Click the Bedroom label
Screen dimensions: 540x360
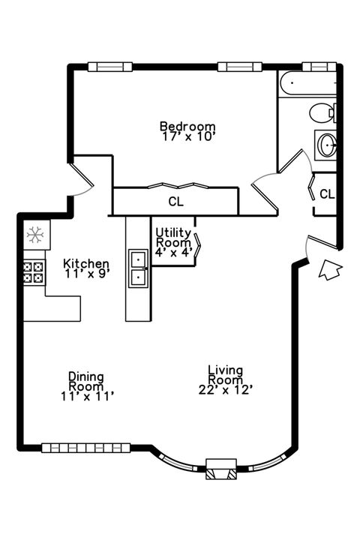pyautogui.click(x=187, y=126)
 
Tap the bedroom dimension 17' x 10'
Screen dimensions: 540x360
pyautogui.click(x=187, y=136)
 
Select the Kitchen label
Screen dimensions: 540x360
pyautogui.click(x=86, y=264)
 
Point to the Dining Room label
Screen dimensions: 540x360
pyautogui.click(x=86, y=377)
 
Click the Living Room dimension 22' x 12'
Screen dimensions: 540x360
pyautogui.click(x=225, y=389)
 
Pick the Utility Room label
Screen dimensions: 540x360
pyautogui.click(x=173, y=238)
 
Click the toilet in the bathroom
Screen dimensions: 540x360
pyautogui.click(x=322, y=113)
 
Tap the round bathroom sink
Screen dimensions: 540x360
pyautogui.click(x=327, y=145)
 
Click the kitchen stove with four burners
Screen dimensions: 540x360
pyautogui.click(x=33, y=271)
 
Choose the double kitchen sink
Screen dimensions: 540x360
pyautogui.click(x=138, y=268)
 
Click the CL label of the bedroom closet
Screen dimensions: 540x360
pyautogui.click(x=175, y=202)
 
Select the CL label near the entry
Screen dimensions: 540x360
pyautogui.click(x=327, y=194)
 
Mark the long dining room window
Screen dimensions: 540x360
pyautogui.click(x=85, y=448)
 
